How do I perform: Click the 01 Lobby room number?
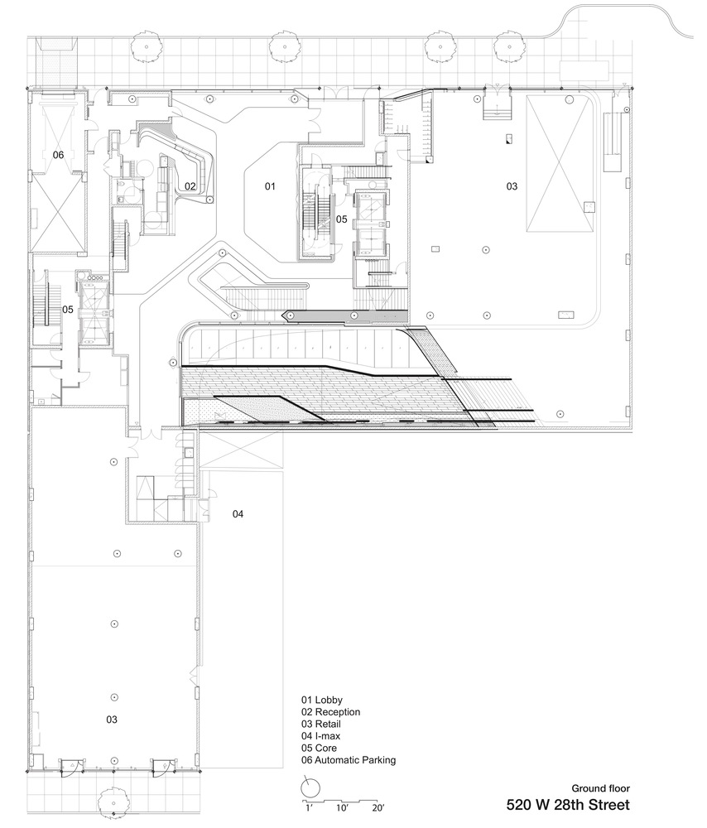tap(270, 185)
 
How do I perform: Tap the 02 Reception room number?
tap(190, 185)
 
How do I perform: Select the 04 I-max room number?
tap(238, 514)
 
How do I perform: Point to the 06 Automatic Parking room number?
tap(58, 155)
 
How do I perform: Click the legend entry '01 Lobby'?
tap(322, 700)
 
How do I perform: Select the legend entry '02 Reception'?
tap(331, 712)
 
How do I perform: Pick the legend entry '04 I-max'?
tap(321, 736)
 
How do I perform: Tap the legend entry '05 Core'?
tap(319, 749)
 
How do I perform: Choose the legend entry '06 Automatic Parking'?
tap(349, 760)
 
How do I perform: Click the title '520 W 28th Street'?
tap(568, 805)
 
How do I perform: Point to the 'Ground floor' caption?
tap(601, 788)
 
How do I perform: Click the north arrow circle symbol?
tap(310, 788)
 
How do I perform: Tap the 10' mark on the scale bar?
tap(341, 808)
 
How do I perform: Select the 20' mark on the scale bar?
tap(378, 808)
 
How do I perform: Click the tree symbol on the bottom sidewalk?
tap(113, 802)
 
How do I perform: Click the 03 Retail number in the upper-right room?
tap(512, 185)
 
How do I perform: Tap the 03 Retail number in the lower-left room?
tap(112, 720)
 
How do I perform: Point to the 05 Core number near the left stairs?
tap(68, 310)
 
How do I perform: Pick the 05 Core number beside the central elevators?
tap(342, 219)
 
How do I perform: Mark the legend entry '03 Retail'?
tap(321, 724)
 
